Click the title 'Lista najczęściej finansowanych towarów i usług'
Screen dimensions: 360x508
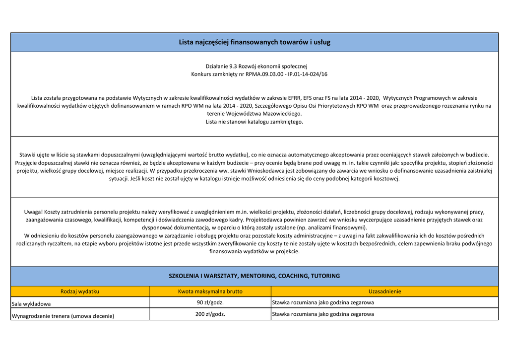(x=254, y=42)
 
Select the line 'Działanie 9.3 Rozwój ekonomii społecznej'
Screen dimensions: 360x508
(x=256, y=66)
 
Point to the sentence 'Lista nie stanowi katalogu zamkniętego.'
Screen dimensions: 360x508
(x=254, y=122)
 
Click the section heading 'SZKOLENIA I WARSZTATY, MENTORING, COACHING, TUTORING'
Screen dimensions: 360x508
(x=254, y=276)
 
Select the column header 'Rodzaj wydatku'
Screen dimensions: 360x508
(x=80, y=291)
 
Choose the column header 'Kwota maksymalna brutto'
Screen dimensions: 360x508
(x=210, y=291)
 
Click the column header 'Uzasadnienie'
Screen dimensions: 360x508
(x=384, y=291)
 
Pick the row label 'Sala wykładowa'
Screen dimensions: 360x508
(x=31, y=303)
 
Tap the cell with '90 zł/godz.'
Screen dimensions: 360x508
(x=210, y=302)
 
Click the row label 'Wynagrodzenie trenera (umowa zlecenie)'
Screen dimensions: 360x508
(x=63, y=316)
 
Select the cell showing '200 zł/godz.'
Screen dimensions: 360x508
(x=210, y=314)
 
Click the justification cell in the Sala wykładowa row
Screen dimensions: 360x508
(x=323, y=302)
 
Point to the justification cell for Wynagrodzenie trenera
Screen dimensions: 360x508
(x=323, y=314)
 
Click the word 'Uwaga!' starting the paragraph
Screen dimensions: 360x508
(x=34, y=212)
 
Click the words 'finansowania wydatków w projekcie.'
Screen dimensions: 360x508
(x=254, y=252)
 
